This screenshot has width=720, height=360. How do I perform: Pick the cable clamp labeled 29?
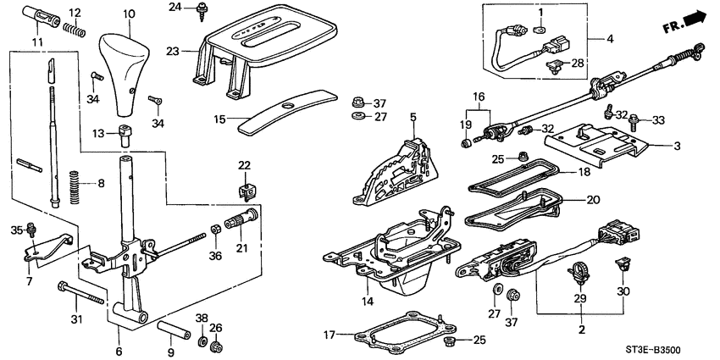579,274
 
